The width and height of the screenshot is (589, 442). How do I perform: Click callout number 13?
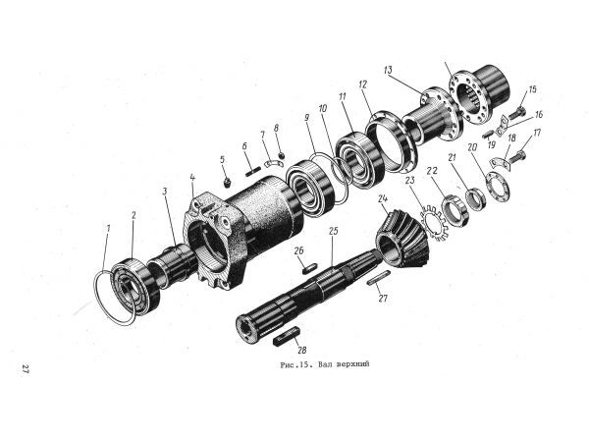pyautogui.click(x=388, y=71)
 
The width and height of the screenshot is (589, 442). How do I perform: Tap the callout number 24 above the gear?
pyautogui.click(x=383, y=198)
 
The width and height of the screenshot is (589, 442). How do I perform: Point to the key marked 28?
pyautogui.click(x=287, y=336)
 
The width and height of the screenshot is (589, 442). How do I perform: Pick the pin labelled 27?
pyautogui.click(x=378, y=278)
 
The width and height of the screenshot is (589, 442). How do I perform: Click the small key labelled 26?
pyautogui.click(x=310, y=268)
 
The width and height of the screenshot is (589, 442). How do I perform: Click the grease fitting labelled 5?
pyautogui.click(x=227, y=183)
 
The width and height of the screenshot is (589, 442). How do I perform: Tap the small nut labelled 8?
pyautogui.click(x=281, y=155)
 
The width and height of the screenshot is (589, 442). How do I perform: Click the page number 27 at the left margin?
pyautogui.click(x=26, y=369)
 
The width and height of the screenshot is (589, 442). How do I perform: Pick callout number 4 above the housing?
pyautogui.click(x=192, y=177)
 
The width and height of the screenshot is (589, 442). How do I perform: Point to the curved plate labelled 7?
pyautogui.click(x=275, y=163)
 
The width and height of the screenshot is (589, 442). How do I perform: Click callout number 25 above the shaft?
pyautogui.click(x=333, y=231)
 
